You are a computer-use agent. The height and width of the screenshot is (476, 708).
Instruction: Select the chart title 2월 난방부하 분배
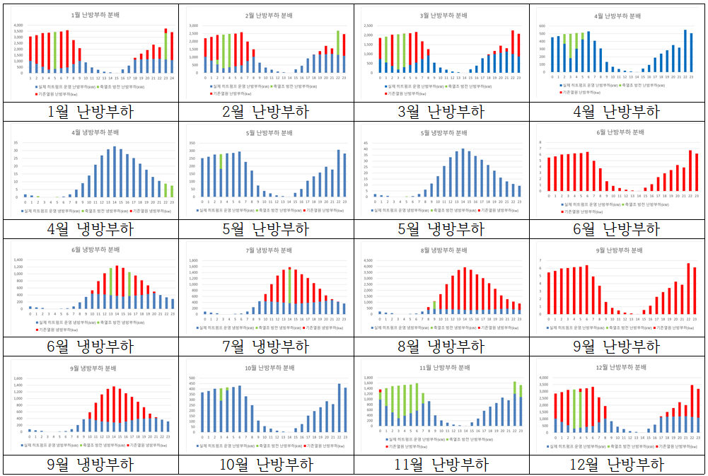267,14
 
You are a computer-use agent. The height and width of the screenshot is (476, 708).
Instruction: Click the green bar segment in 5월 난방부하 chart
221,161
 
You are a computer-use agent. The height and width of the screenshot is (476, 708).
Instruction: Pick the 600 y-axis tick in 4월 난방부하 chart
542,25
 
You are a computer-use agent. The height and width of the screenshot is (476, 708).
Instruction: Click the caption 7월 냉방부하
267,346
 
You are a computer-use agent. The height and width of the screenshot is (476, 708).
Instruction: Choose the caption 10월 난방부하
267,465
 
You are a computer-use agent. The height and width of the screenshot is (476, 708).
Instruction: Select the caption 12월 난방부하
617,465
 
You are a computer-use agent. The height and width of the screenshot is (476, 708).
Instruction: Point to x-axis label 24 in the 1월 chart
172,79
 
